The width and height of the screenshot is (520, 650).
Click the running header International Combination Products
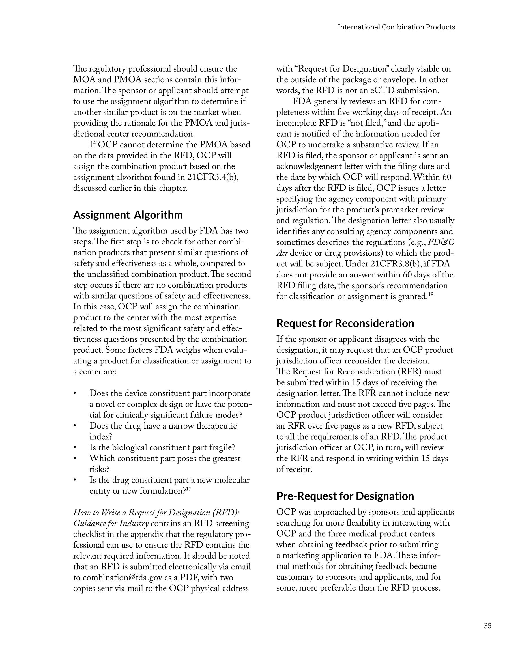tap(396, 27)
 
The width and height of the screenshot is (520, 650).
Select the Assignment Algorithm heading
tap(128, 215)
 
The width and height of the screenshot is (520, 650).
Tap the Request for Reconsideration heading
tap(345, 323)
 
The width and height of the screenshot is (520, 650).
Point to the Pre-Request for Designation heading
tap(345, 496)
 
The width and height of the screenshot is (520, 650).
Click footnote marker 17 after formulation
tap(188, 489)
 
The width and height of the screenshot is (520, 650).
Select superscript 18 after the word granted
tap(430, 294)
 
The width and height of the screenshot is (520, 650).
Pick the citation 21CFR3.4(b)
tap(213, 177)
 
